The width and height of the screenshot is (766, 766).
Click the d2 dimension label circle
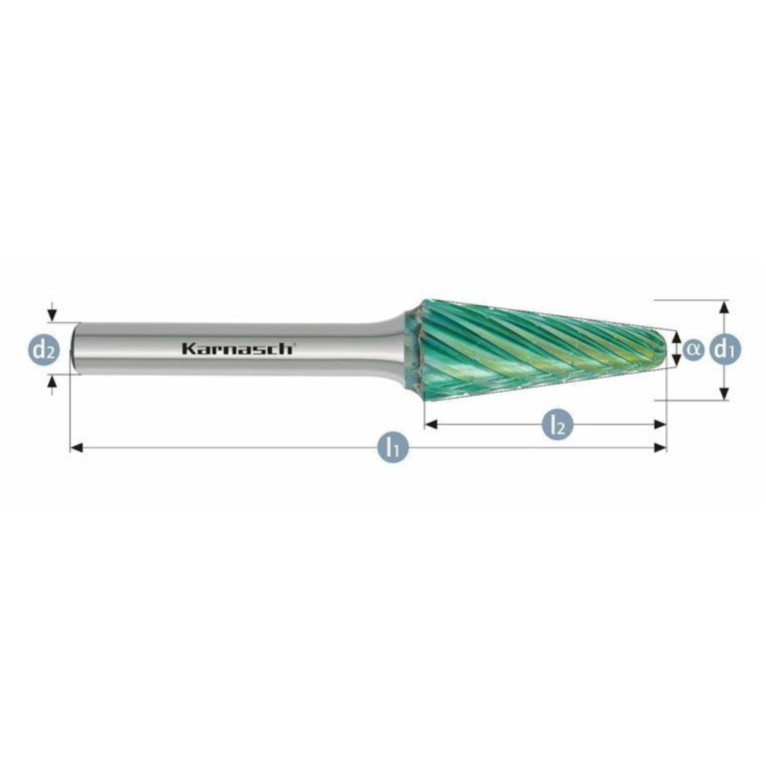(x=43, y=350)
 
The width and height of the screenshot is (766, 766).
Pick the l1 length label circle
(x=393, y=448)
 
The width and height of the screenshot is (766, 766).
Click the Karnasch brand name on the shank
(x=237, y=348)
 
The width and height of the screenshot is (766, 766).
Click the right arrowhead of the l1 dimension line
(x=660, y=448)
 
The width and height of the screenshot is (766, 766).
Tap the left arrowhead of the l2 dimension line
(x=431, y=424)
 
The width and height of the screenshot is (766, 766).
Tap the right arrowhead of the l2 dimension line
(x=660, y=424)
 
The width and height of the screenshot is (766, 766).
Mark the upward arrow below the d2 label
(x=52, y=385)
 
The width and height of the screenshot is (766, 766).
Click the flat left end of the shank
(x=72, y=348)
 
